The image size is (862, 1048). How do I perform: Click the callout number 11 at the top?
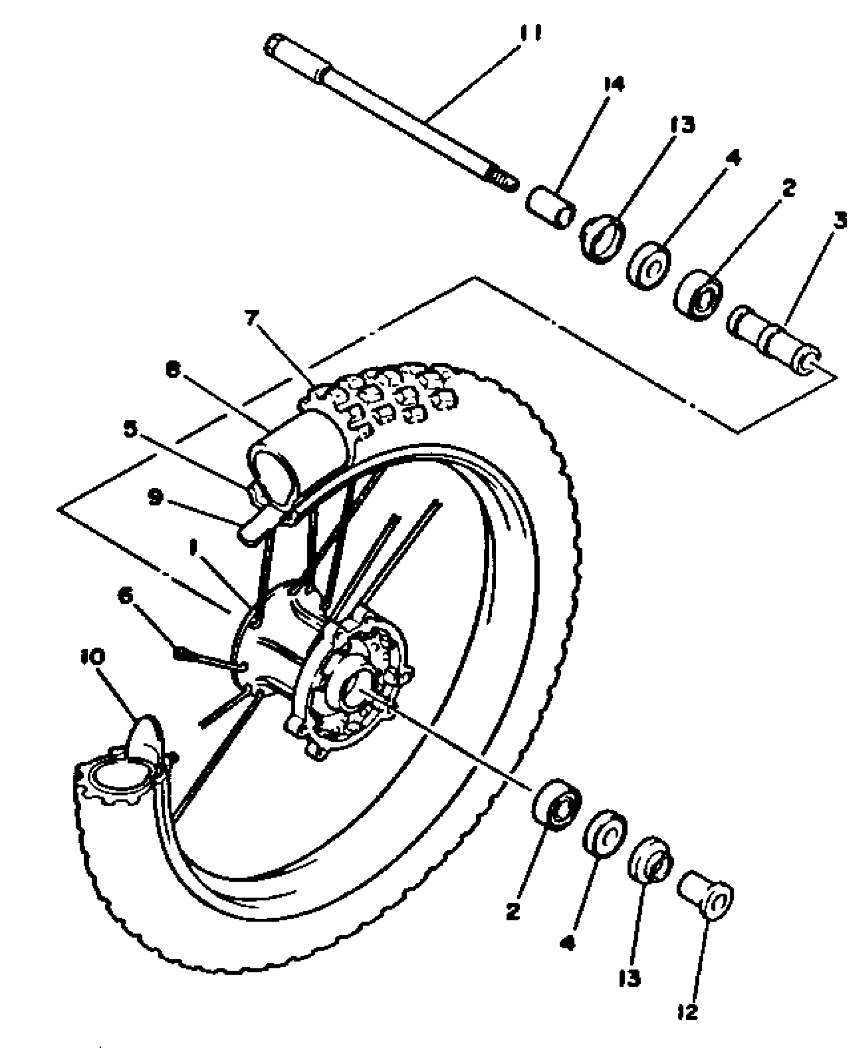[530, 34]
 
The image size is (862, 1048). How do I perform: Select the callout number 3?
[840, 221]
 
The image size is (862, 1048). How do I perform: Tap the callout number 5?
[130, 429]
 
